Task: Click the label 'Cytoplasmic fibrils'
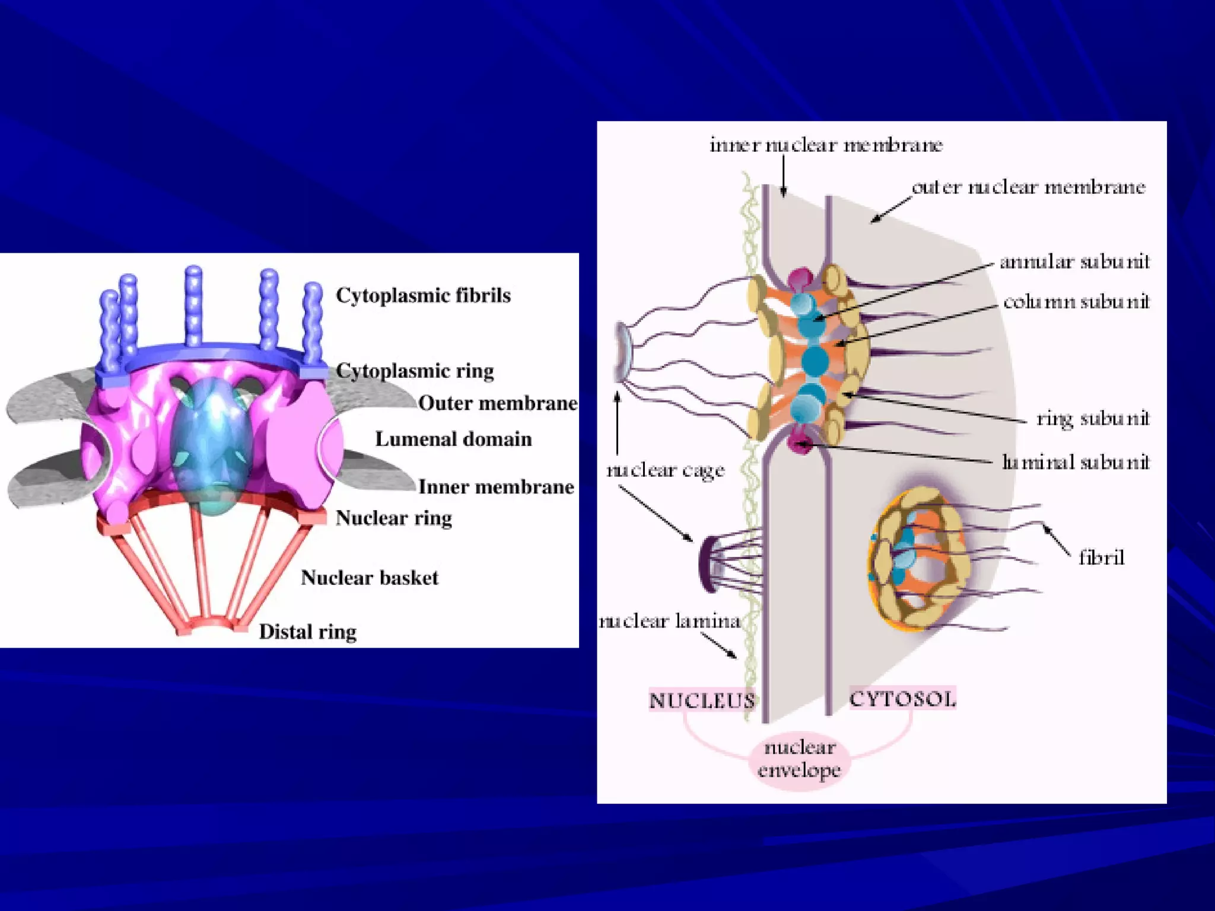[423, 295]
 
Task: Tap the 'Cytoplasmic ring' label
[415, 371]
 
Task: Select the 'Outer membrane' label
[497, 403]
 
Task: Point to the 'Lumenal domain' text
[453, 439]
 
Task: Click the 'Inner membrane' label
[496, 487]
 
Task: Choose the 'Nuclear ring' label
[394, 518]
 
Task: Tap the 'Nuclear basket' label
[369, 578]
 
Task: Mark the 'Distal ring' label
[308, 632]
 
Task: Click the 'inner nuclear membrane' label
[826, 145]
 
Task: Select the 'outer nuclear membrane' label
[1028, 187]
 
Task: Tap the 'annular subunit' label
[1074, 262]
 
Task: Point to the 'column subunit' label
[1076, 302]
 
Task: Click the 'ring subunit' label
[1093, 419]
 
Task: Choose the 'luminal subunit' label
[1076, 461]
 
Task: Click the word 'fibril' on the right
[1101, 558]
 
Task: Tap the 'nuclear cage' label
[665, 470]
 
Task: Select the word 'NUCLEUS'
[702, 700]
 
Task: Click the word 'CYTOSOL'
[902, 699]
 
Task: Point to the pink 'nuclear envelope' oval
[799, 759]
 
